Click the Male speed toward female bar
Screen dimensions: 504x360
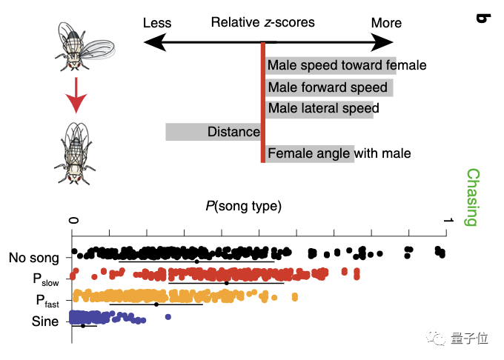[331, 65]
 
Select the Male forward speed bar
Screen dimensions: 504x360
[329, 87]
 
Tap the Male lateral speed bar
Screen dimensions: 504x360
[319, 109]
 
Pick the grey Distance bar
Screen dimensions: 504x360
[213, 132]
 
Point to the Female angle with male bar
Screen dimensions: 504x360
[309, 153]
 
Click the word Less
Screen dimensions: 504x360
[156, 23]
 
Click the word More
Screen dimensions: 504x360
[386, 23]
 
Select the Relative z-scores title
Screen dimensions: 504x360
[262, 22]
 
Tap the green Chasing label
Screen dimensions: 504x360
[472, 197]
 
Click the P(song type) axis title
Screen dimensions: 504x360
[244, 204]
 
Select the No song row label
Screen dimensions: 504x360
[34, 259]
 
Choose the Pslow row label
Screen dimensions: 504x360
[45, 280]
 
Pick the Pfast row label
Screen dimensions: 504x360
[47, 301]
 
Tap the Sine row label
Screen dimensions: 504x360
[45, 321]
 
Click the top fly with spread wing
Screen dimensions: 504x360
[82, 46]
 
